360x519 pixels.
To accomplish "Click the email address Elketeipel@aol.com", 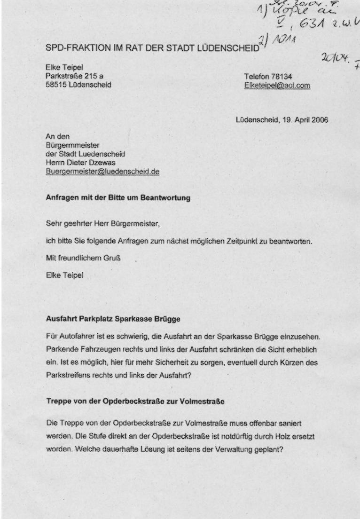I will point(277,86).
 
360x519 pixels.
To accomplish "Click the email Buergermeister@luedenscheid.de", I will point(102,172).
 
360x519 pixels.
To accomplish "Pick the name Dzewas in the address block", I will point(111,163).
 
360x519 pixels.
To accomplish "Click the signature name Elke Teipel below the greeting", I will point(64,275).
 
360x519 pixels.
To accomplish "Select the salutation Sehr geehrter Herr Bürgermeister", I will point(102,224).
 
